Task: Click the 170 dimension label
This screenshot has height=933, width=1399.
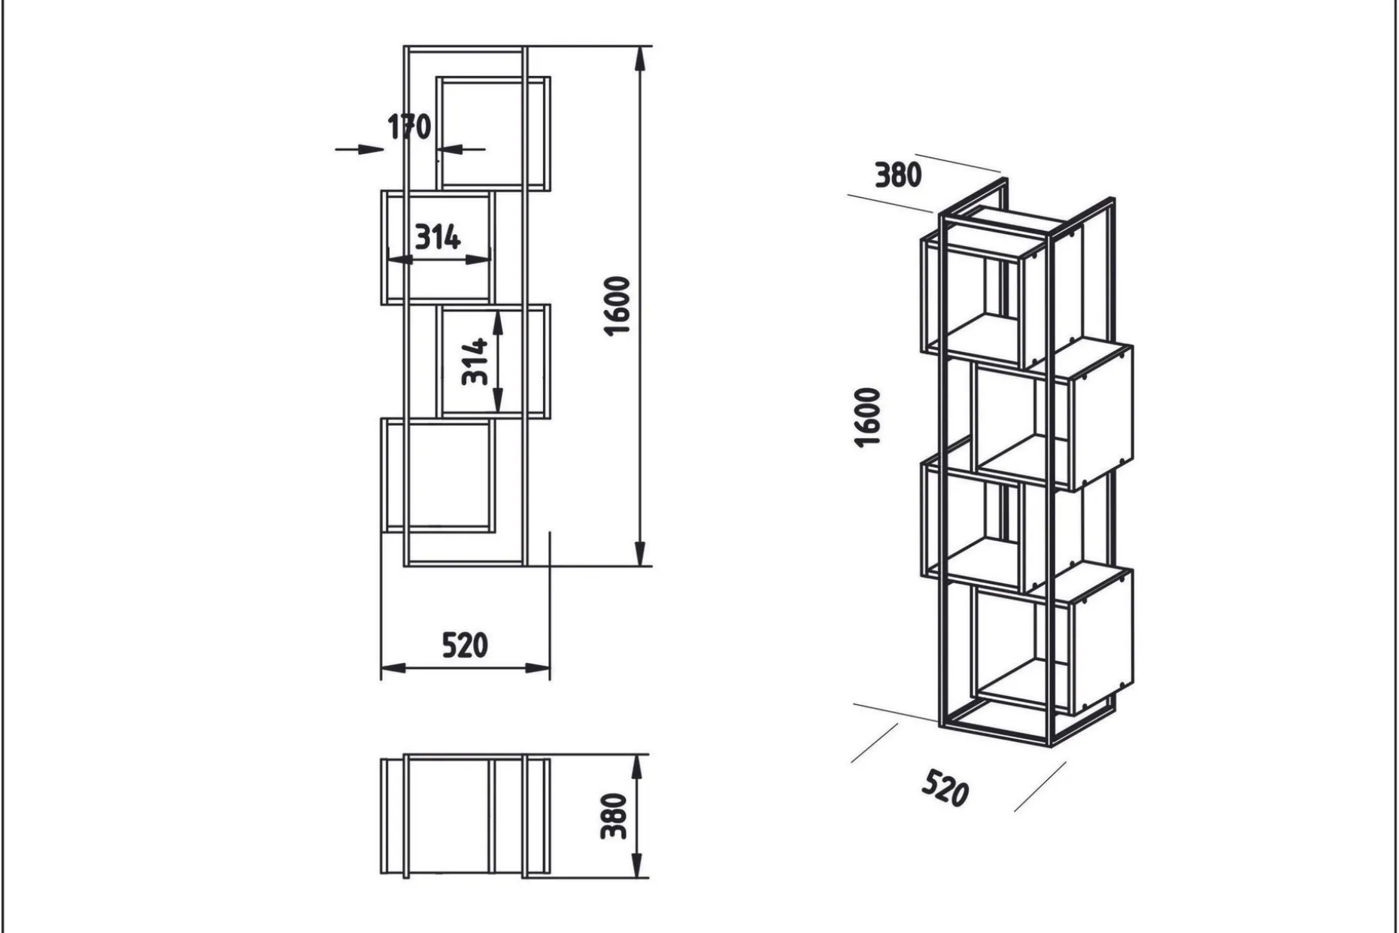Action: point(409,127)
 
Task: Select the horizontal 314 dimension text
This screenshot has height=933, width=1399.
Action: point(438,238)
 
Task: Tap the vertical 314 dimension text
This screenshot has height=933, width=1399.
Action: point(475,362)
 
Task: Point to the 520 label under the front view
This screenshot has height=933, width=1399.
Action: point(465,646)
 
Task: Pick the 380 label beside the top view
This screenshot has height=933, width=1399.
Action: point(614,816)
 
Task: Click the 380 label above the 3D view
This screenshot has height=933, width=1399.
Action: point(898,175)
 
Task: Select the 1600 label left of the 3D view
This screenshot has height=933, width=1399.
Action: point(868,418)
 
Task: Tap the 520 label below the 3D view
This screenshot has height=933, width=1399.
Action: point(945,788)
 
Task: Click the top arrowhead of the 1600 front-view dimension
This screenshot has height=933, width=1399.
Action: point(639,59)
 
